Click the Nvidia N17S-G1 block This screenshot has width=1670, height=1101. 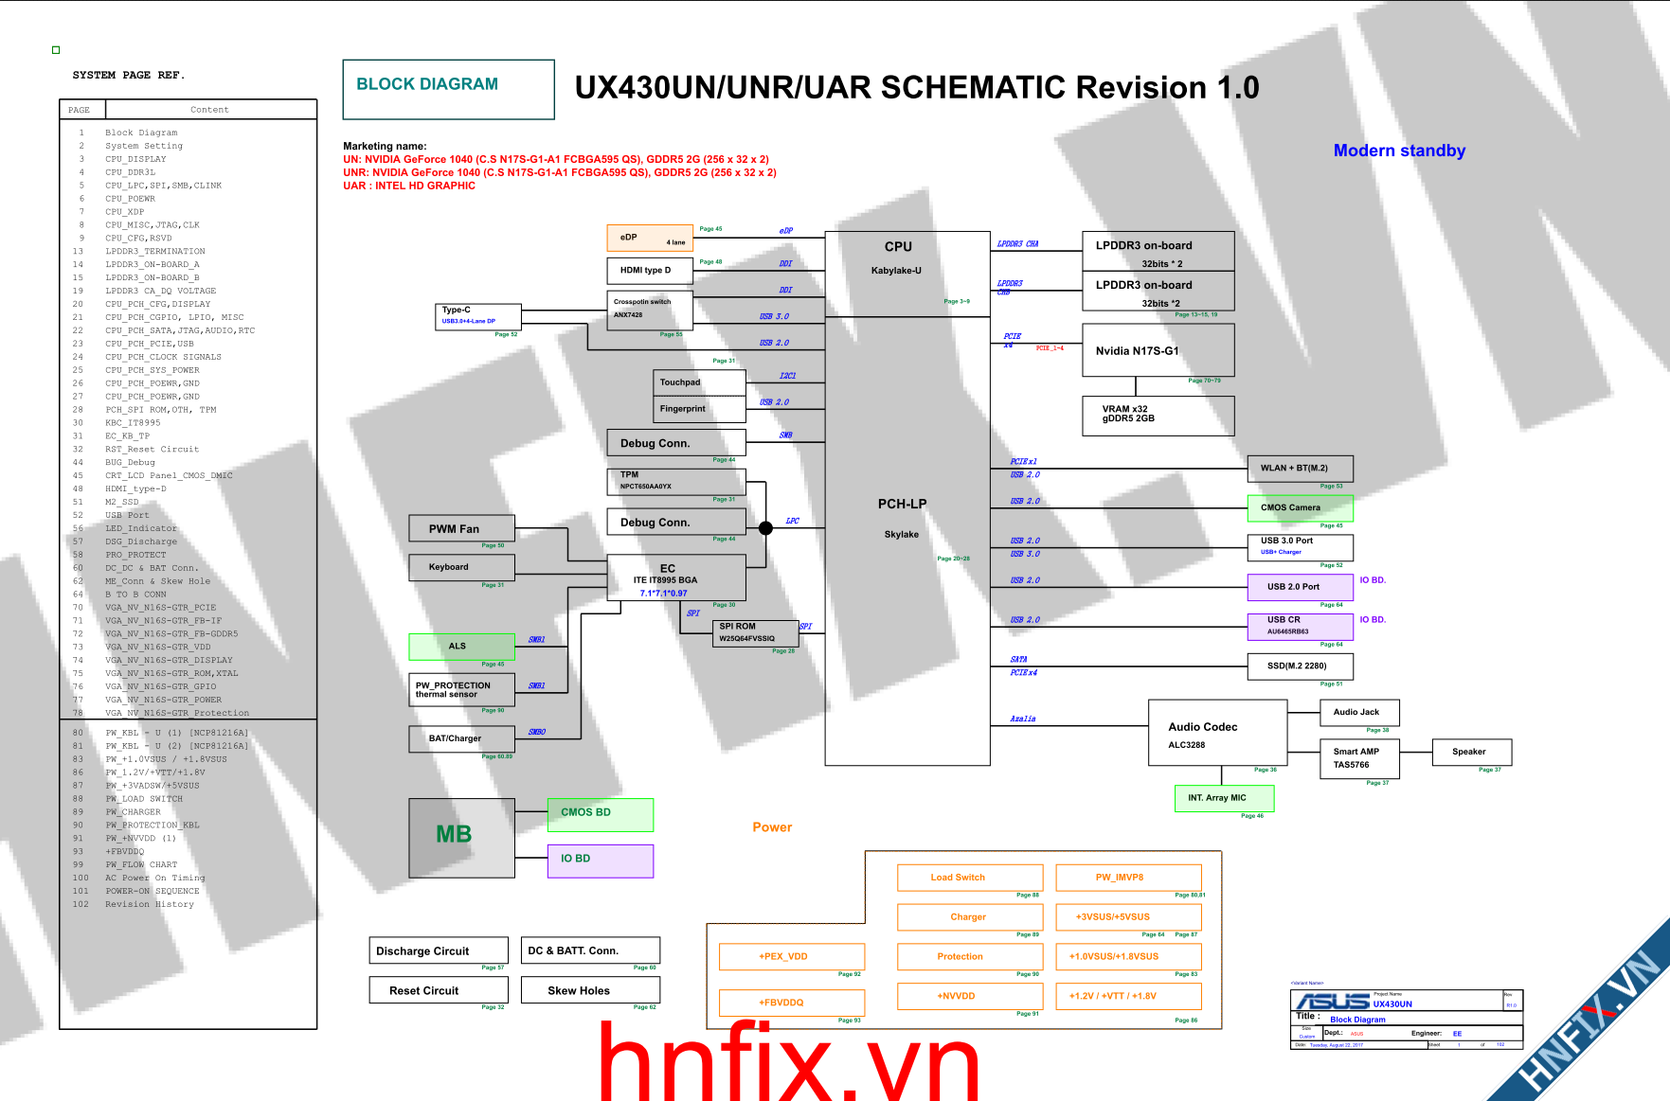1158,350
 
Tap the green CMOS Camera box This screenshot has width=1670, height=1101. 1300,508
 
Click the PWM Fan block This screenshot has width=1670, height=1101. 461,528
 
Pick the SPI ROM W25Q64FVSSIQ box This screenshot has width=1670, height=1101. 755,632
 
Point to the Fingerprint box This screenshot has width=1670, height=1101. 699,409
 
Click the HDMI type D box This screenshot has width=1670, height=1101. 649,271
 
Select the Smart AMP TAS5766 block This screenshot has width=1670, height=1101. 1358,758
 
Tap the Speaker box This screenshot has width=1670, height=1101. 1471,752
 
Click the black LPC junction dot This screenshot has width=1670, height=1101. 765,528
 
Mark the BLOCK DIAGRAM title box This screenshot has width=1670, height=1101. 448,89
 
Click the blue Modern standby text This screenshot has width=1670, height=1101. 1399,151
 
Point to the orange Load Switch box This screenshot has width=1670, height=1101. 969,878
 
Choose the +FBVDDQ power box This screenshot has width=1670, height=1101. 791,1003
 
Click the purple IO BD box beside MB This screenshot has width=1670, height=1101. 600,860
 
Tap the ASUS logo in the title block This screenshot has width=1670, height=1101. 1332,1002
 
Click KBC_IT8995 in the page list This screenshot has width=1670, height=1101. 133,423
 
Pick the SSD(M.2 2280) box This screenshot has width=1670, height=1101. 1300,666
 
